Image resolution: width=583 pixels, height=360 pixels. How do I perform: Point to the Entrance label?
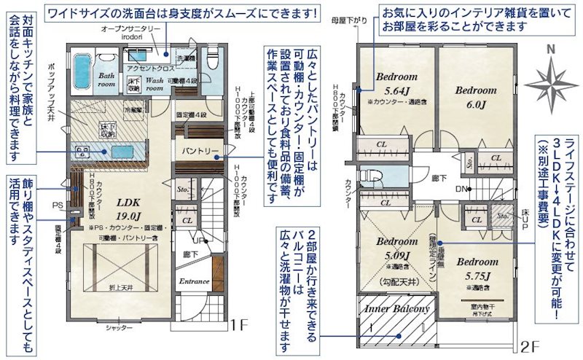tap(195, 281)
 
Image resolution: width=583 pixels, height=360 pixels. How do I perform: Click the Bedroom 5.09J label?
tap(397, 249)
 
